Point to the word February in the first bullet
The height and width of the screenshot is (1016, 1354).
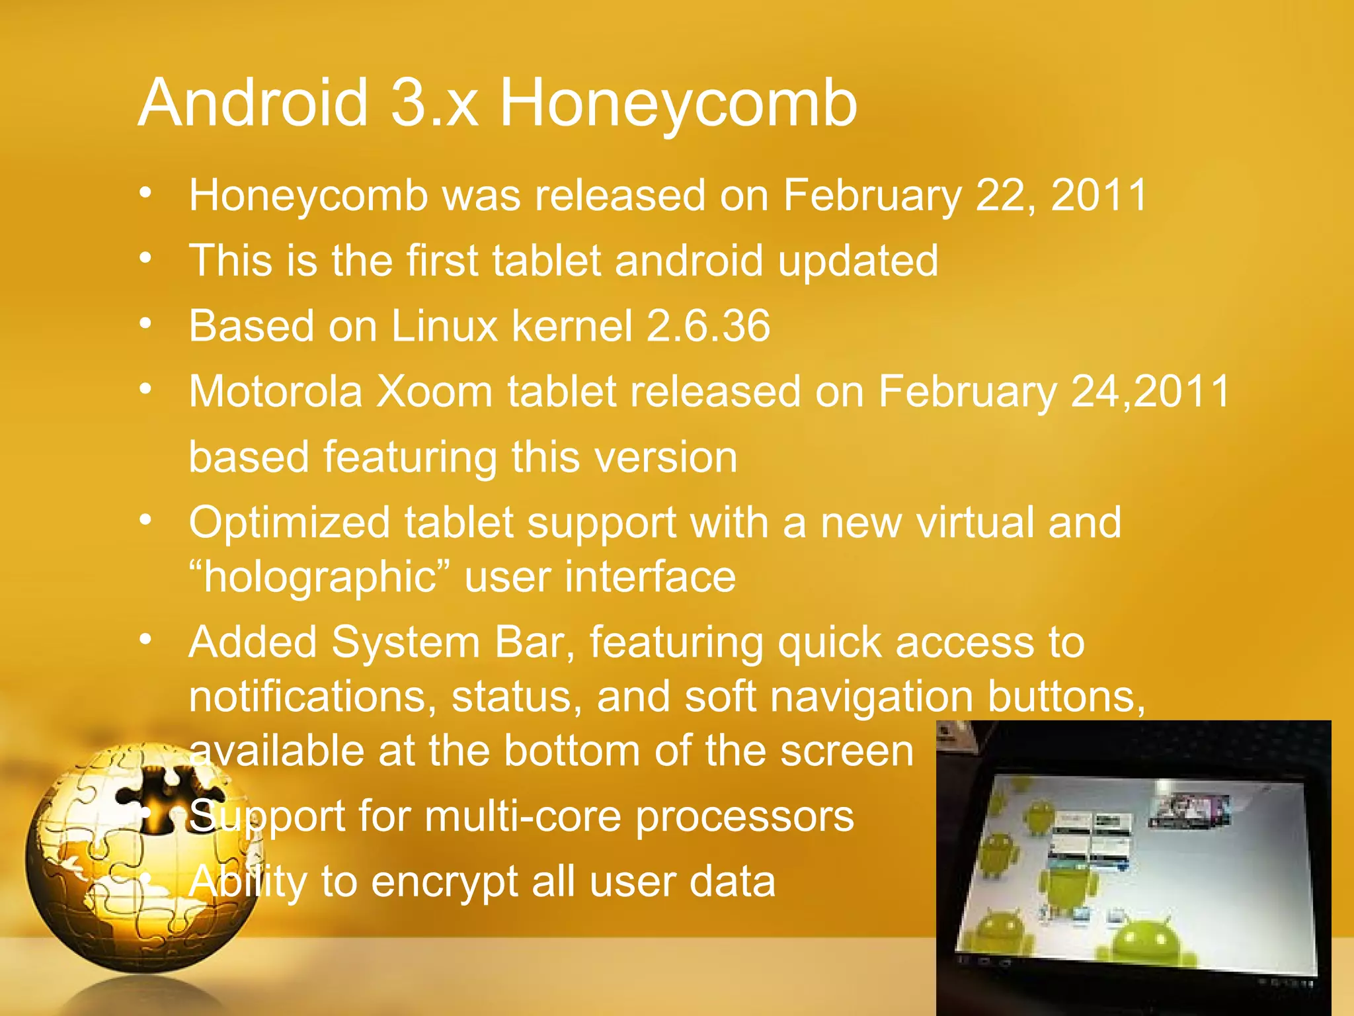point(872,196)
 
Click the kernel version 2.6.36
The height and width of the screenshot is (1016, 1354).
point(707,325)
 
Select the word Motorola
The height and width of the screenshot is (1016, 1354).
point(275,391)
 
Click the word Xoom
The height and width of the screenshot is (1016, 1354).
point(434,391)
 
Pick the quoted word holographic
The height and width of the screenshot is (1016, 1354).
point(319,577)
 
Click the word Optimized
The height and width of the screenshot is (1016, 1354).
point(290,523)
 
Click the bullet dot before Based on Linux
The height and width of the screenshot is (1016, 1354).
point(146,323)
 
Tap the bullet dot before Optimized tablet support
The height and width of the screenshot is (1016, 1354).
point(146,519)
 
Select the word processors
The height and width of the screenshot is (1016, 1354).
point(744,818)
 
